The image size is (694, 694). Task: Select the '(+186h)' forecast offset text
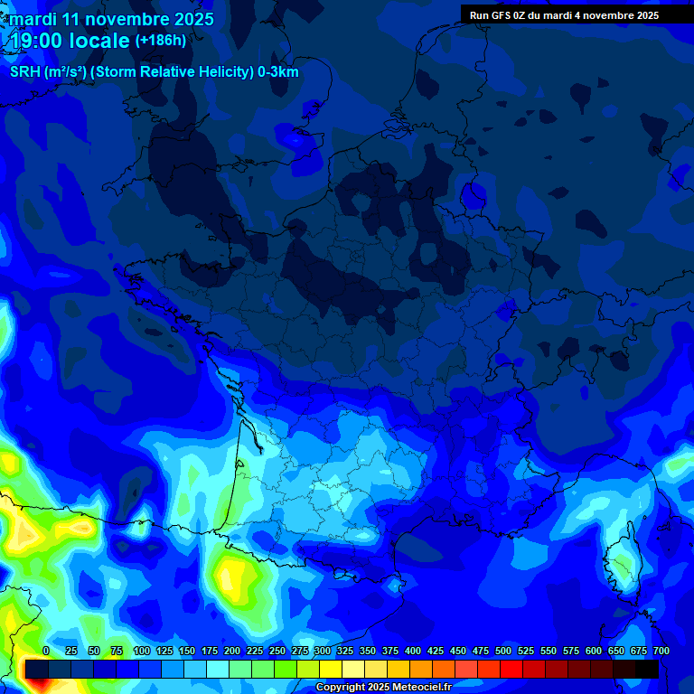[x=160, y=41]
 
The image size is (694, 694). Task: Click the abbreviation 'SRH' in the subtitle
[x=26, y=72]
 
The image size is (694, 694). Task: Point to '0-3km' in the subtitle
[x=279, y=72]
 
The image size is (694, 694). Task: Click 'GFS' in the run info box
[x=500, y=15]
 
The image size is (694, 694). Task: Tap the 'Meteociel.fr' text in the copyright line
[x=413, y=688]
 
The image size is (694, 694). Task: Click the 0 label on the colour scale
[x=46, y=652]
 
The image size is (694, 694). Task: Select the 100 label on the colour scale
[x=142, y=652]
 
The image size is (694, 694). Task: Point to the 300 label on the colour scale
[x=323, y=652]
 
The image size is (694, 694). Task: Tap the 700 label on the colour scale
[x=661, y=652]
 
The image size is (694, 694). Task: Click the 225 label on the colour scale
[x=255, y=652]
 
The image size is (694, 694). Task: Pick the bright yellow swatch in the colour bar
[x=331, y=669]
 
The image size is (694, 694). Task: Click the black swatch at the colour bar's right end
[x=647, y=669]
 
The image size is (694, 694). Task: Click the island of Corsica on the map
[x=621, y=565]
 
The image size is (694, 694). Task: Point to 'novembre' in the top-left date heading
[x=127, y=19]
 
